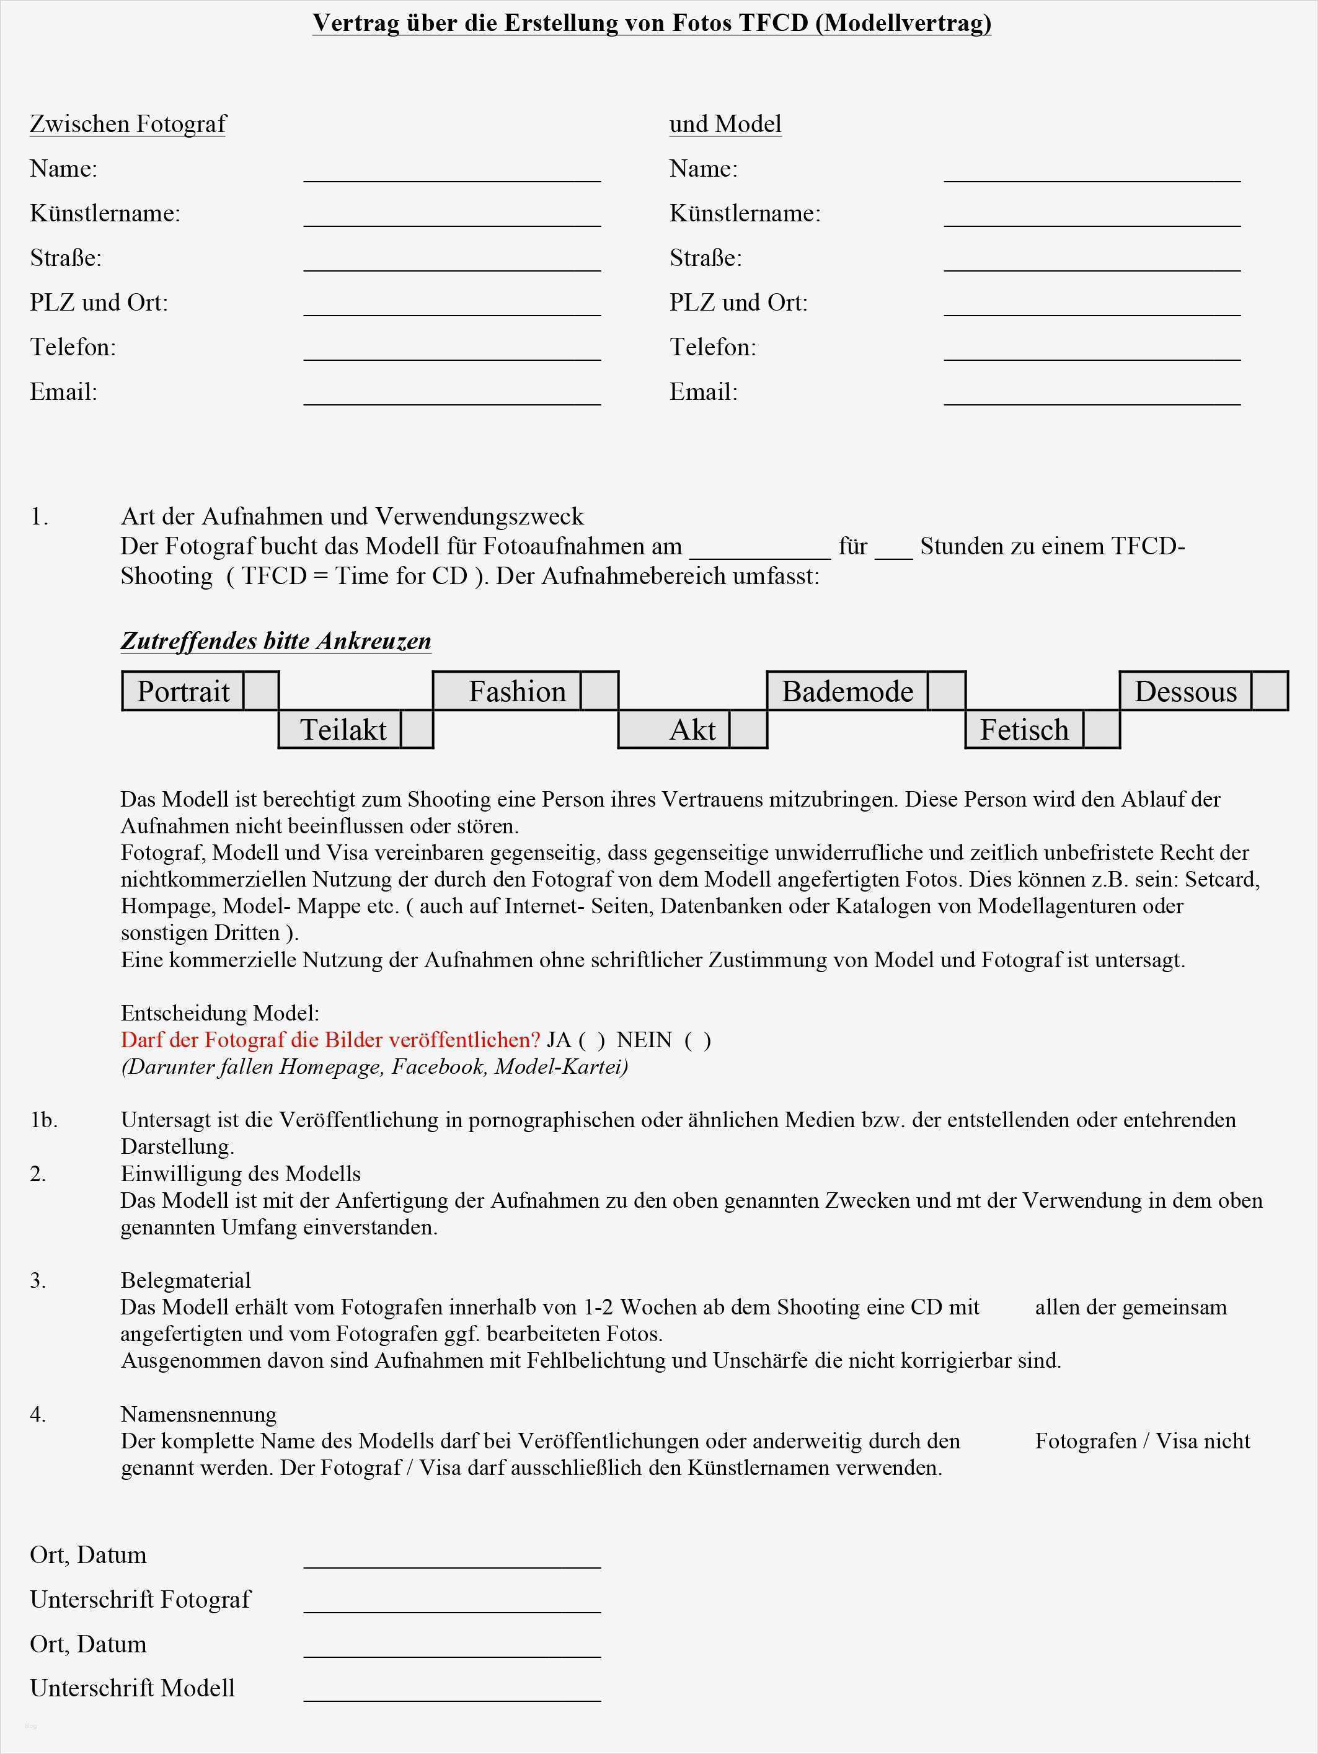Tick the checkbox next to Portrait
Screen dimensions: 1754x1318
point(261,691)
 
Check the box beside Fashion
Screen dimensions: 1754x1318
point(599,691)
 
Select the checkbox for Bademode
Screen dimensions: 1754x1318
point(947,691)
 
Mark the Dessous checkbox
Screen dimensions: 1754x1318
point(1269,691)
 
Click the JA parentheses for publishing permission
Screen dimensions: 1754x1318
point(591,1040)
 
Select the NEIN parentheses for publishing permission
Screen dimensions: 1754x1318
point(698,1040)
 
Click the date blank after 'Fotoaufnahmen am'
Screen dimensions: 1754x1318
point(759,551)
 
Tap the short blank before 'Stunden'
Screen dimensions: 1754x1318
point(894,551)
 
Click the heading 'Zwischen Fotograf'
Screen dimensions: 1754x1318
point(128,125)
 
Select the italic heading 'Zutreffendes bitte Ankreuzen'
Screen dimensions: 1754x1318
point(276,640)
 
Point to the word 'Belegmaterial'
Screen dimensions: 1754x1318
point(185,1280)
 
